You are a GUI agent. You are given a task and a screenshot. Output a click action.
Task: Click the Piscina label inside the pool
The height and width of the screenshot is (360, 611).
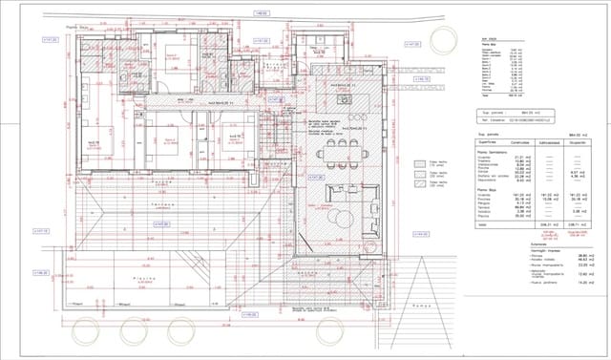pos(146,281)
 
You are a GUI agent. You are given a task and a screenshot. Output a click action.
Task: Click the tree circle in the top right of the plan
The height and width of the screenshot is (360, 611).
pos(445,39)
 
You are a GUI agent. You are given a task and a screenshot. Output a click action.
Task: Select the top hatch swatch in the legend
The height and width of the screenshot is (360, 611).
pos(418,162)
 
